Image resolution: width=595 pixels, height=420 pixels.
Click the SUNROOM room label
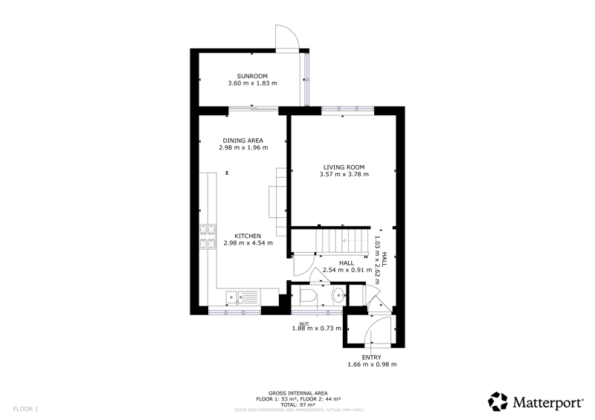coord(252,76)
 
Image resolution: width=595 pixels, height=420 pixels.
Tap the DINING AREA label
coord(243,140)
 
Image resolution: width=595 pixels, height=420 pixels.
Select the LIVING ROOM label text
coord(344,167)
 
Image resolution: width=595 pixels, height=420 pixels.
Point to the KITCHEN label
coord(248,236)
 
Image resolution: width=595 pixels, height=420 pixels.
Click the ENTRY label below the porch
coord(372,358)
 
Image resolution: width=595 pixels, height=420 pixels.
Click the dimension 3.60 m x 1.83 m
coord(252,83)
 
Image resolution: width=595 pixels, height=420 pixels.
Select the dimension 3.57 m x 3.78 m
coord(344,174)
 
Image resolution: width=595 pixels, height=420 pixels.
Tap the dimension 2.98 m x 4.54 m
coord(248,243)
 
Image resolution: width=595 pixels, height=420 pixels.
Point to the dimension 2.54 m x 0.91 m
coord(347,270)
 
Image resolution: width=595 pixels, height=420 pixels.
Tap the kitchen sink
coord(235,297)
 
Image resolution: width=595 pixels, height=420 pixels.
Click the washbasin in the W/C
coord(338,294)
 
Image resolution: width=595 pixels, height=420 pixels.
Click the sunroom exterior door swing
coord(287,37)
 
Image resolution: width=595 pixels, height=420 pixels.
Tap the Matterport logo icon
coord(498,401)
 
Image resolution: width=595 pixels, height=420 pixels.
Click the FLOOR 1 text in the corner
coord(26,409)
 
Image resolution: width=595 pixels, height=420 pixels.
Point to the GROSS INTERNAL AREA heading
coord(298,393)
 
